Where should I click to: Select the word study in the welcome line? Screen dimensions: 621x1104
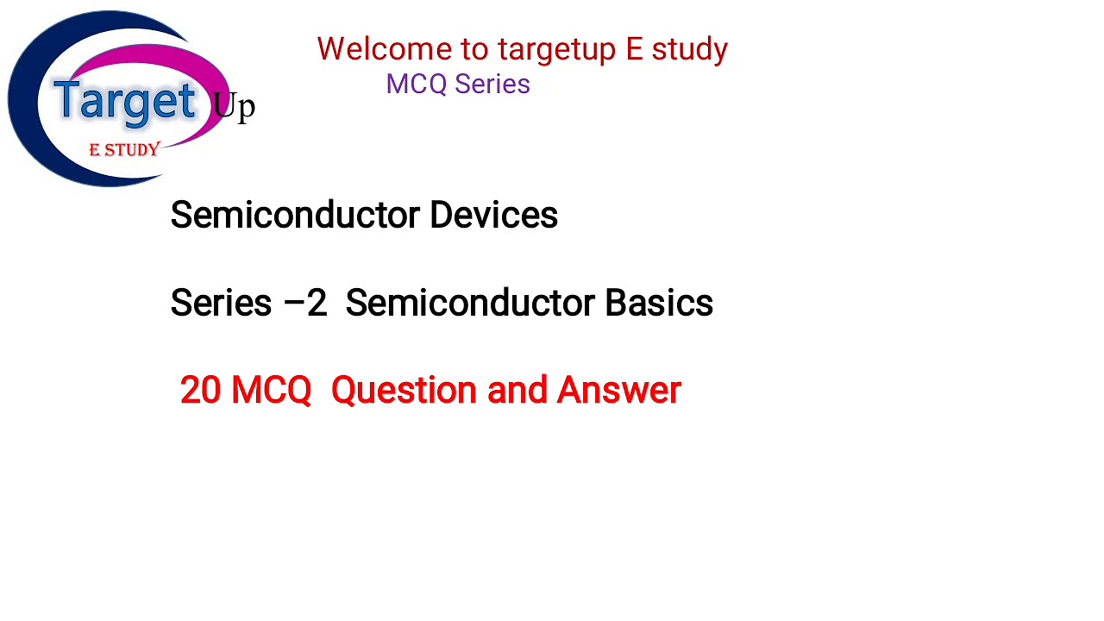[689, 50]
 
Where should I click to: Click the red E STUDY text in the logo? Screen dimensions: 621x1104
[124, 150]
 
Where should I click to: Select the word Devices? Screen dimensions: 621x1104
[493, 216]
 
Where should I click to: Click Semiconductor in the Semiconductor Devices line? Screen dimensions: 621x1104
[295, 216]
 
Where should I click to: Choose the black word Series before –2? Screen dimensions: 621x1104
[221, 304]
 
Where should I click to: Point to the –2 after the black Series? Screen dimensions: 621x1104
[306, 304]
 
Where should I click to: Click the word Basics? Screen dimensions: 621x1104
[658, 304]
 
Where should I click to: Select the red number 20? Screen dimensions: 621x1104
[200, 391]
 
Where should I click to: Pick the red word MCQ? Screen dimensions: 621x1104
[271, 391]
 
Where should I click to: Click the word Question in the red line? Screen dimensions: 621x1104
[404, 391]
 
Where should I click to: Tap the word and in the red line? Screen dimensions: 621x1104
[517, 391]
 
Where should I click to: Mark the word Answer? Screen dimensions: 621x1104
[618, 391]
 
